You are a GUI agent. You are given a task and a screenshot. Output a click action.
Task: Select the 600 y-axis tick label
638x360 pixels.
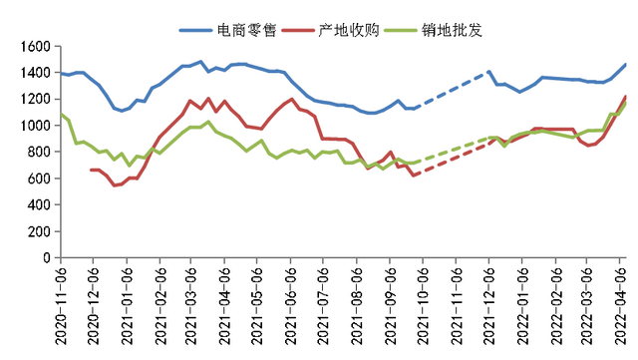tap(39, 179)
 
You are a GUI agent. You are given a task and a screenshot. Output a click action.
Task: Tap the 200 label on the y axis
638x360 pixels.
tap(39, 231)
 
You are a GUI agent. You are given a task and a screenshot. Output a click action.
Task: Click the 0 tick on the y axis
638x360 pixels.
tap(48, 257)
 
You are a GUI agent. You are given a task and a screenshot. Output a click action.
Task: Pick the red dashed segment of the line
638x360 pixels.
tap(454, 160)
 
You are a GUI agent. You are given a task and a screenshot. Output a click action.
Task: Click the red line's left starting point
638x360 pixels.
tap(92, 170)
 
